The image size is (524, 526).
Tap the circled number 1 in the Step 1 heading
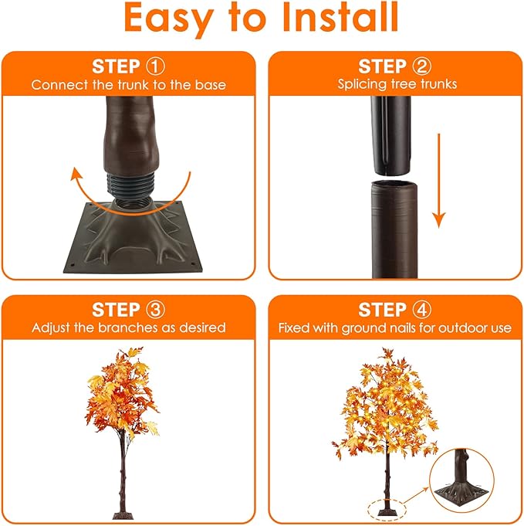click(x=154, y=66)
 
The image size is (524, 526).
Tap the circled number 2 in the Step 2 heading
click(x=421, y=66)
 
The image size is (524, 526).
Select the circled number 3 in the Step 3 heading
click(x=154, y=310)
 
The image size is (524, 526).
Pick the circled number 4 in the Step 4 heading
click(x=421, y=310)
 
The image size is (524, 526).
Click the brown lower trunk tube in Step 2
click(x=394, y=228)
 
